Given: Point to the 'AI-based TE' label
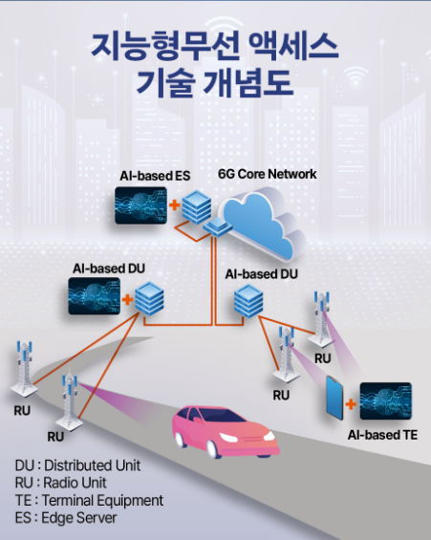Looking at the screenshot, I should pyautogui.click(x=383, y=433).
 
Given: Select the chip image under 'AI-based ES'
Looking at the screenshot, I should pyautogui.click(x=141, y=205).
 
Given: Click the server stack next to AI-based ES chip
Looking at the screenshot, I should pyautogui.click(x=198, y=205).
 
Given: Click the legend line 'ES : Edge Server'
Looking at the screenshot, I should pyautogui.click(x=65, y=518).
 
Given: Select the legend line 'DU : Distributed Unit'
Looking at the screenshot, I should pyautogui.click(x=77, y=465).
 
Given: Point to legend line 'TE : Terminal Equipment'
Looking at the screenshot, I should pyautogui.click(x=89, y=500).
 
